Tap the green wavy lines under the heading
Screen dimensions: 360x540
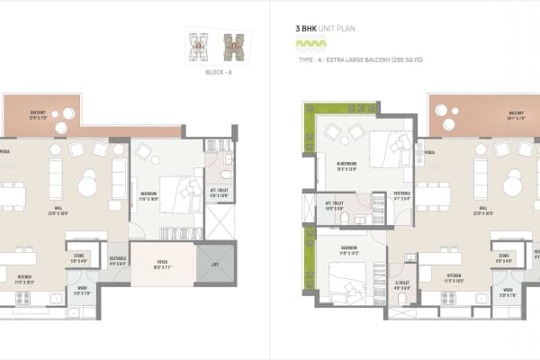[310, 43]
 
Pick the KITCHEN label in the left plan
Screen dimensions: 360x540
[25, 279]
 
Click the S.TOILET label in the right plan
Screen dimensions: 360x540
[402, 286]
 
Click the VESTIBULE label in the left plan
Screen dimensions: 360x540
[117, 260]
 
